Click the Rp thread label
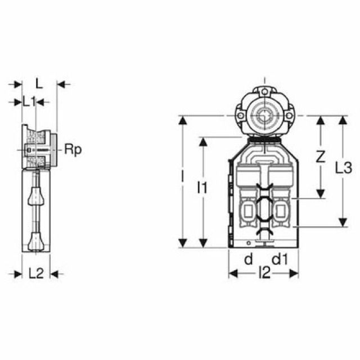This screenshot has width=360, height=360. point(73,150)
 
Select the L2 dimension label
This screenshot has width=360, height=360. point(36,273)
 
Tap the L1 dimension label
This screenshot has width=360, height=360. point(29,102)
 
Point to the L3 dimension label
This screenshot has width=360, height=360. point(344,168)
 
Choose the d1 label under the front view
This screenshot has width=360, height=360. point(280,259)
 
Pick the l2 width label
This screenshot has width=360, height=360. point(264,273)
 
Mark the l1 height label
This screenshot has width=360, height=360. point(202,187)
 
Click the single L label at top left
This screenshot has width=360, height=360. point(39,83)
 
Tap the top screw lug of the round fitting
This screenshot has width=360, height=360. point(265,92)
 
